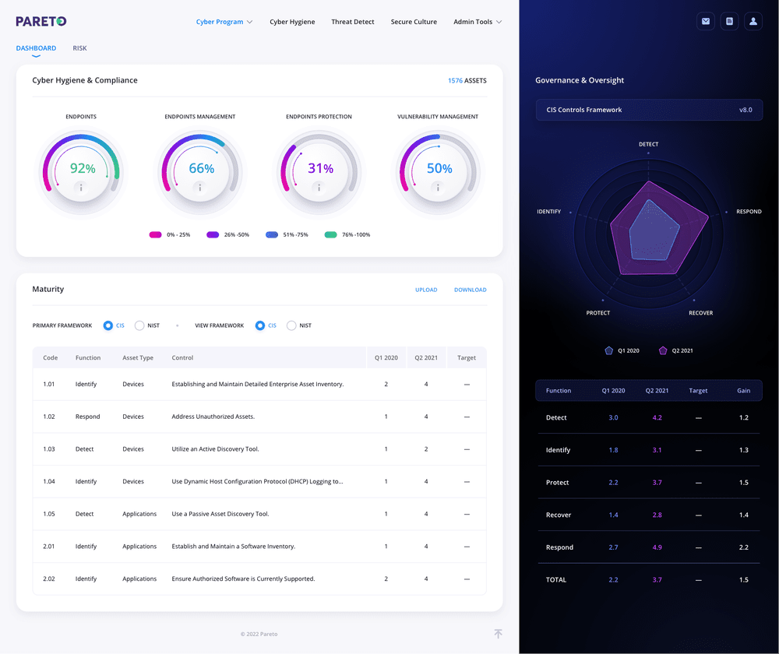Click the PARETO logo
click(41, 21)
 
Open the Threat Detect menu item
click(353, 22)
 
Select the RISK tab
click(79, 48)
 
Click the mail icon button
click(706, 22)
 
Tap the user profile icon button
click(753, 22)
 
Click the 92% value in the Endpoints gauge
click(83, 168)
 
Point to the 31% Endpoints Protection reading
click(320, 168)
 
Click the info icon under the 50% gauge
click(439, 187)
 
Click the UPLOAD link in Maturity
click(426, 290)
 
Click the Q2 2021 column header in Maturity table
click(426, 357)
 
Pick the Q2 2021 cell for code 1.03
click(426, 449)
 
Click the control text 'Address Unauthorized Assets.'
click(213, 417)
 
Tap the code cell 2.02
click(49, 578)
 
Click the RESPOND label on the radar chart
click(749, 212)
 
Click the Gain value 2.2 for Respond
click(743, 547)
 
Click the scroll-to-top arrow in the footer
click(498, 634)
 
